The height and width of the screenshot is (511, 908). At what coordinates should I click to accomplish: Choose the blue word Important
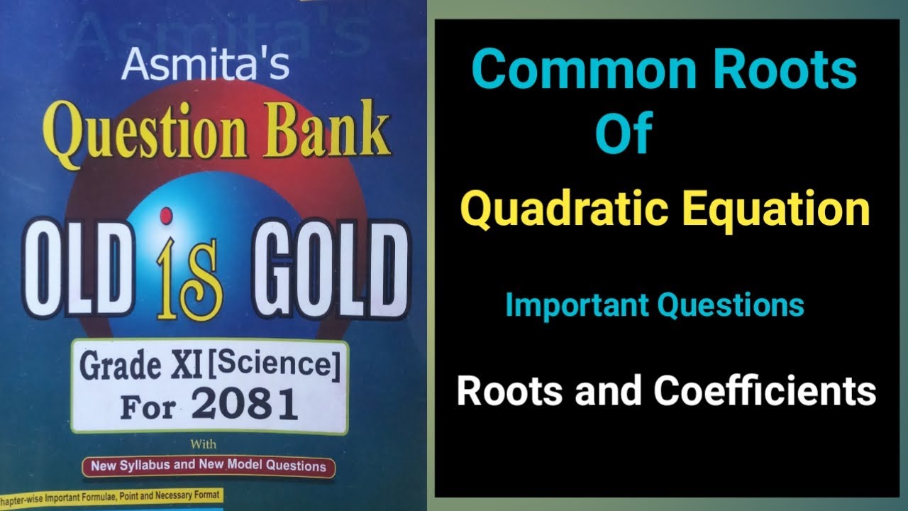coord(577,305)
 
